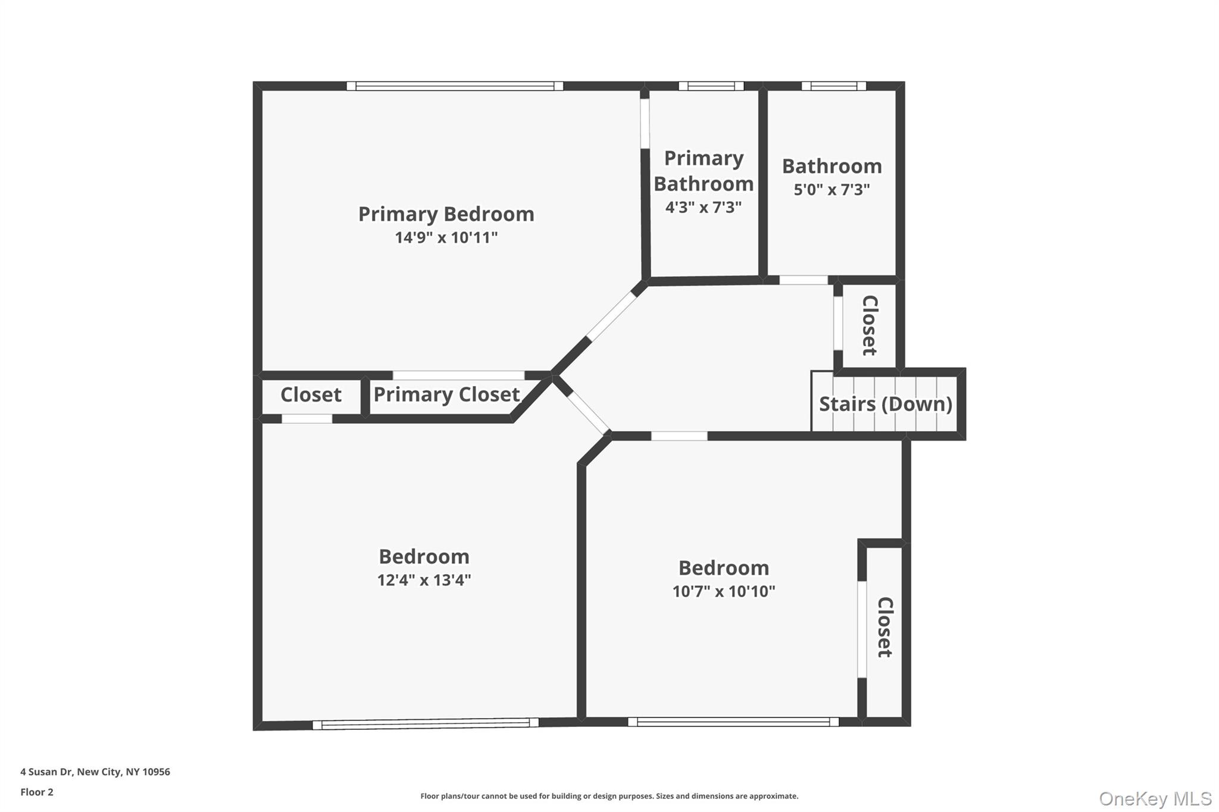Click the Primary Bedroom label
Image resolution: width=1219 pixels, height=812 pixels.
446,214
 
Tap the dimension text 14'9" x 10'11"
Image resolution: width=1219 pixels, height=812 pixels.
446,238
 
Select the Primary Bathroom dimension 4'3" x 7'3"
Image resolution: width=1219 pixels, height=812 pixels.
704,208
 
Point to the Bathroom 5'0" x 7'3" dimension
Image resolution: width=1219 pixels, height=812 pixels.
832,190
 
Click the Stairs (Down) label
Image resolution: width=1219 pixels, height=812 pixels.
885,404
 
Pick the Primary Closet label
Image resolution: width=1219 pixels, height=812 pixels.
446,394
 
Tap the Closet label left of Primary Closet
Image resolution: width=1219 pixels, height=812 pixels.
311,394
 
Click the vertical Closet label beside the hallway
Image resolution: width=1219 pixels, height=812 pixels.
870,325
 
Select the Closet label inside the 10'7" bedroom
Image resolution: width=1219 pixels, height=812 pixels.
885,627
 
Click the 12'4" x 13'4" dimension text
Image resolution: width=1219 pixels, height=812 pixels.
424,580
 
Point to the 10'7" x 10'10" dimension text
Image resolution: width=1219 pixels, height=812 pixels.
723,591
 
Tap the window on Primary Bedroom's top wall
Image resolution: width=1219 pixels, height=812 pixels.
455,86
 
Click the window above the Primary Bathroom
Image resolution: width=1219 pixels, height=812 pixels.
711,86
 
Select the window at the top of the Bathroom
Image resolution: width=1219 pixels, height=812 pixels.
833,86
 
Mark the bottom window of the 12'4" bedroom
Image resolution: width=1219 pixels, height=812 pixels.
426,723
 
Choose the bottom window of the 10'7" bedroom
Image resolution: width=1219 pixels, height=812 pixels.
733,722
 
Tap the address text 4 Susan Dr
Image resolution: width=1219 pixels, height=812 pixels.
95,772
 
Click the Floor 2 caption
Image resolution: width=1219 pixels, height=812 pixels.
37,792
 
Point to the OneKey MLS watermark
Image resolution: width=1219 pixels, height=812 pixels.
1155,798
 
